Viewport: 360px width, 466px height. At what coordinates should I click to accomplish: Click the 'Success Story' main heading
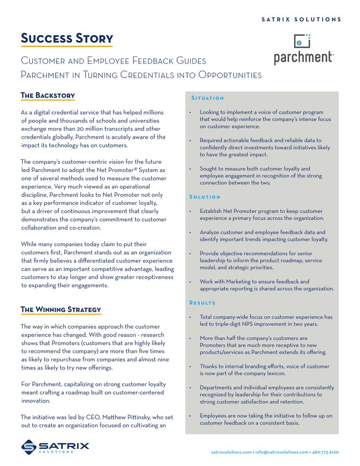67,38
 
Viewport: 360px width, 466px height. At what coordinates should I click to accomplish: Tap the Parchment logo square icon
302,42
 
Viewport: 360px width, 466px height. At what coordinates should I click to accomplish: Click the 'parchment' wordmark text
304,58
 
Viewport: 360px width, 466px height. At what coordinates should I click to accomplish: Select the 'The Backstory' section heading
48,95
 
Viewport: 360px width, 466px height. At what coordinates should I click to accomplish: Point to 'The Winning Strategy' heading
61,309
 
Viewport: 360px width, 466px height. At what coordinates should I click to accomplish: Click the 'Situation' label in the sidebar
208,98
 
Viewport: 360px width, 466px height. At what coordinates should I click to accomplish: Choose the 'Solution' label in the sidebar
205,197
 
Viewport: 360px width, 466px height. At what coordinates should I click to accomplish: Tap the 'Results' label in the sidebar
203,303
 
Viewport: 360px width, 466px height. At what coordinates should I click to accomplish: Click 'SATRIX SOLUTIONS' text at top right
301,20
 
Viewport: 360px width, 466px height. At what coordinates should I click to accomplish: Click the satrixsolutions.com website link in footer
232,452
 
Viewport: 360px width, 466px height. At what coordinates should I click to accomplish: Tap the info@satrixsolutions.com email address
282,452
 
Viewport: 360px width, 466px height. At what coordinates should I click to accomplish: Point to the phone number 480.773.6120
325,452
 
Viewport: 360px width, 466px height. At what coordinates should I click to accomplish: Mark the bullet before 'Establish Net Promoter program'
189,211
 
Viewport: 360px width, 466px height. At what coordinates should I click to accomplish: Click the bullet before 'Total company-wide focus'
189,317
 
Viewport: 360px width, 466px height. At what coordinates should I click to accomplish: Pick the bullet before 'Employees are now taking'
189,416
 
